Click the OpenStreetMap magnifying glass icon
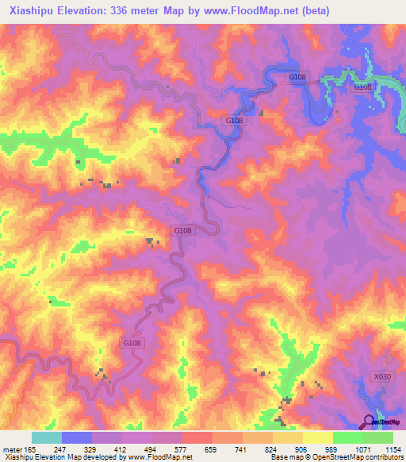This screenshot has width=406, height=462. pyautogui.click(x=370, y=422)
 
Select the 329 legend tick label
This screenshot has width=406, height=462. pyautogui.click(x=109, y=449)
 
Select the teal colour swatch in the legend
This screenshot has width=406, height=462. pyautogui.click(x=47, y=437)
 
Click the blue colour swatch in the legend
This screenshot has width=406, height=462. pyautogui.click(x=77, y=437)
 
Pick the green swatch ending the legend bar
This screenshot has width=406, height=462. pyautogui.click(x=378, y=437)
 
